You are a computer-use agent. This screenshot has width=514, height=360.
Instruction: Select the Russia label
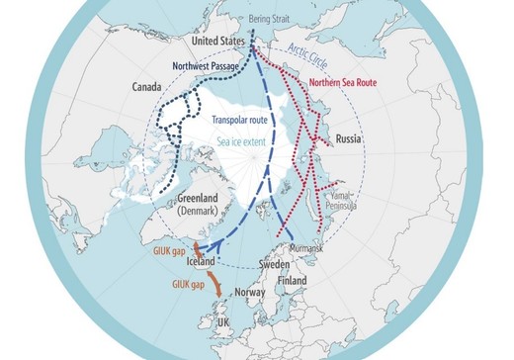click(349, 138)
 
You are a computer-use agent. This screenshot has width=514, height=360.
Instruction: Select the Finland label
click(293, 281)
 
